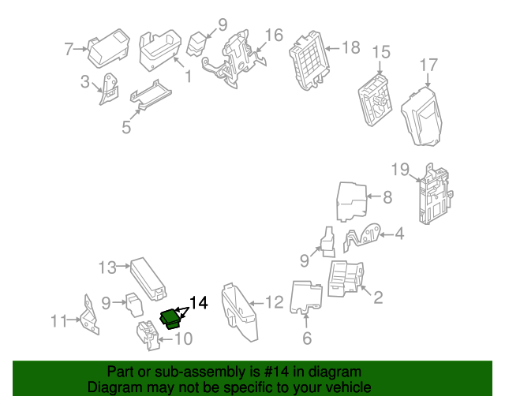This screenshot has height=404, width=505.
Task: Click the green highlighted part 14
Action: (x=170, y=317)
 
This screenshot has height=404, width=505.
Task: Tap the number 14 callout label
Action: (x=198, y=303)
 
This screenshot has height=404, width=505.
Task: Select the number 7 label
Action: (x=69, y=50)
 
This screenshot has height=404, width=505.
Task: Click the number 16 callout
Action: (x=273, y=35)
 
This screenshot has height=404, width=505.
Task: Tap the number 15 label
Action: (x=381, y=52)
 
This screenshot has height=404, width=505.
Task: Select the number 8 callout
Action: (x=387, y=198)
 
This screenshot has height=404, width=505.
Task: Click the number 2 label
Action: (x=377, y=297)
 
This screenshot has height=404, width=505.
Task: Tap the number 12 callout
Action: (x=273, y=301)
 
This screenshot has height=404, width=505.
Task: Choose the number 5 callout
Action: (x=126, y=126)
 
